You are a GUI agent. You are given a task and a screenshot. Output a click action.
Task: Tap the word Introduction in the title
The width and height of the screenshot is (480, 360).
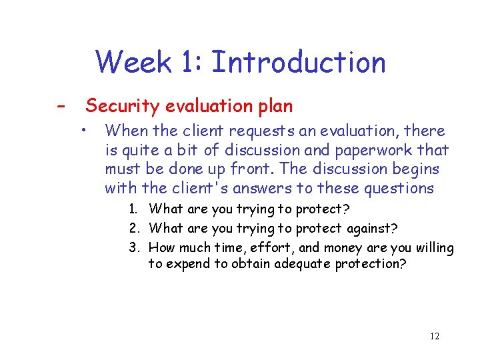click(x=298, y=63)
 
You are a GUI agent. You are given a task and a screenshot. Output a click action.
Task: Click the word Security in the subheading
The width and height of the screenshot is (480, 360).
click(x=121, y=106)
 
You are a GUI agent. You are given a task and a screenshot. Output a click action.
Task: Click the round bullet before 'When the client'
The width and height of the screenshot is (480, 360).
click(x=85, y=128)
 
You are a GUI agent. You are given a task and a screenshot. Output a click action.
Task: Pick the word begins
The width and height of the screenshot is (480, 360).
click(x=414, y=169)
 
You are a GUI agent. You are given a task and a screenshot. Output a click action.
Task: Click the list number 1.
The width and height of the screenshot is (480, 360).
click(x=134, y=209)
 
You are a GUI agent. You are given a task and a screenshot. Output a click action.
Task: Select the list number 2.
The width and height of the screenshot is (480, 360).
click(x=134, y=229)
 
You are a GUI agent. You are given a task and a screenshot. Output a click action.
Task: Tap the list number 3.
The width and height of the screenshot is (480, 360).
click(x=134, y=249)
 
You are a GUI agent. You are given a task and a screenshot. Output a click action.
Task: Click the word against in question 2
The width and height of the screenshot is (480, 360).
click(x=371, y=229)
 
